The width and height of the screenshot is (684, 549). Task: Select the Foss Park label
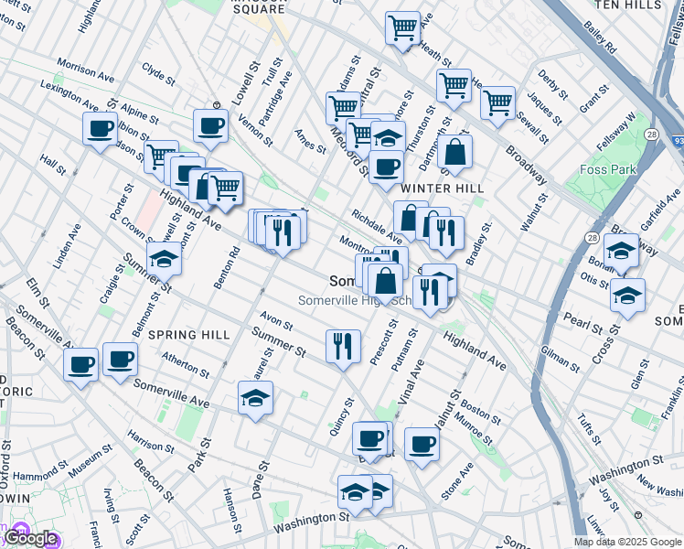(x=606, y=169)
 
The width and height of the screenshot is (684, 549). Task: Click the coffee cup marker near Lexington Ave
(x=101, y=129)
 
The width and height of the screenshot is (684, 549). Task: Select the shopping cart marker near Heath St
(x=402, y=28)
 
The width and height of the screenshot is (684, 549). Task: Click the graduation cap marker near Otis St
(x=627, y=296)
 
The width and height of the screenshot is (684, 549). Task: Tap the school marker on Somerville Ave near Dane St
(x=255, y=398)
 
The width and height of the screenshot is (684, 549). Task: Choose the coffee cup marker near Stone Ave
(x=422, y=445)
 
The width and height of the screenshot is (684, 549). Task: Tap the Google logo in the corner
(x=30, y=538)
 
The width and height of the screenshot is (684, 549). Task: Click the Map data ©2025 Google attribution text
(x=627, y=542)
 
